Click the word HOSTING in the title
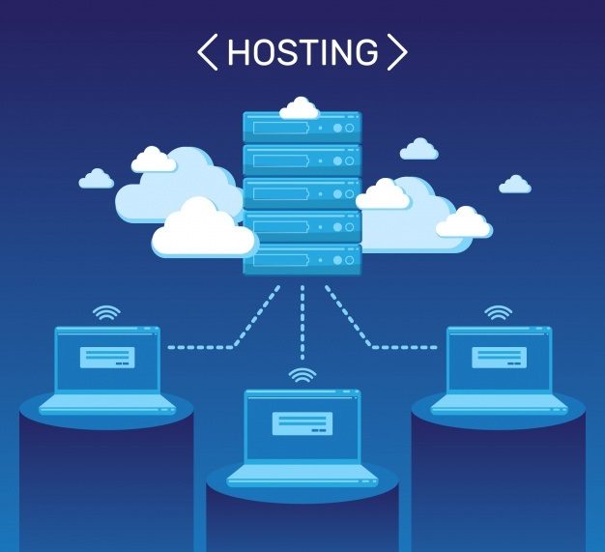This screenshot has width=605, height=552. click(302, 52)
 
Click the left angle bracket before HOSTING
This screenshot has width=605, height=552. click(207, 52)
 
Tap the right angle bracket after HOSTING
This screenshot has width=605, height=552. click(396, 52)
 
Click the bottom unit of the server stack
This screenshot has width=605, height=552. click(302, 259)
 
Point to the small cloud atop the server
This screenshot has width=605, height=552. click(299, 107)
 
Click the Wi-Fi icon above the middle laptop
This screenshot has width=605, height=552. click(302, 375)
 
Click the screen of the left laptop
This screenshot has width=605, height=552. click(106, 359)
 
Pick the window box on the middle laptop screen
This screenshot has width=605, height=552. click(302, 422)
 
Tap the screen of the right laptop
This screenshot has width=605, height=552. click(499, 359)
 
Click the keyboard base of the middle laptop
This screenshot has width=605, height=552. click(302, 473)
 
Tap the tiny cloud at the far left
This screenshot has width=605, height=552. click(96, 179)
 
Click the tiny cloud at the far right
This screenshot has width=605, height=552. click(514, 184)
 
